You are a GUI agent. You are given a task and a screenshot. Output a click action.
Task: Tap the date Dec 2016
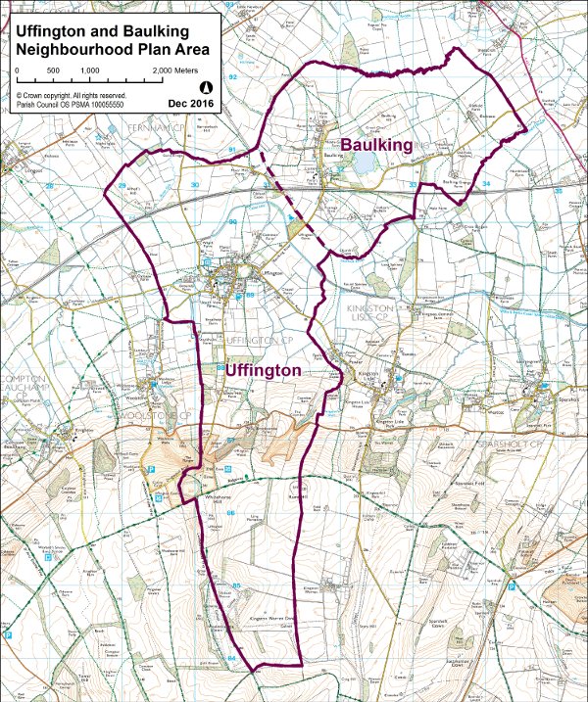tap(190, 102)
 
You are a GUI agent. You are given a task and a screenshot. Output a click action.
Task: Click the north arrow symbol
tap(205, 87)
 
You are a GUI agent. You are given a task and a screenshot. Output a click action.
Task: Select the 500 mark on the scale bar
tap(53, 71)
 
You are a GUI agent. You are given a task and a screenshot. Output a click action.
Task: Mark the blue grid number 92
tap(232, 76)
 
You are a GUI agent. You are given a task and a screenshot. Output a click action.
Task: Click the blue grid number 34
tap(485, 184)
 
